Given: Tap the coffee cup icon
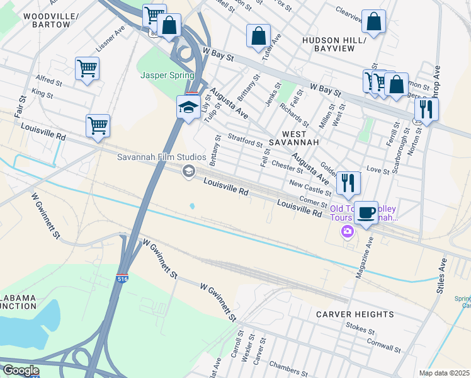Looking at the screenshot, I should coord(366,212).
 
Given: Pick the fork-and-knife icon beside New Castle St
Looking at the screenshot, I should coord(348,183).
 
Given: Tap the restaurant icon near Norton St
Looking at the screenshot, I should coord(427,110).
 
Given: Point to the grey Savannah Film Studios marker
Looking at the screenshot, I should coord(188,171).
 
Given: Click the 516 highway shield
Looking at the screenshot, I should coord(123,278).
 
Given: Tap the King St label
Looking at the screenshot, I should coord(42,93).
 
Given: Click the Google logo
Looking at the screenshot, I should coord(21,370).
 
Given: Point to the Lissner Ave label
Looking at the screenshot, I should coord(110,39).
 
